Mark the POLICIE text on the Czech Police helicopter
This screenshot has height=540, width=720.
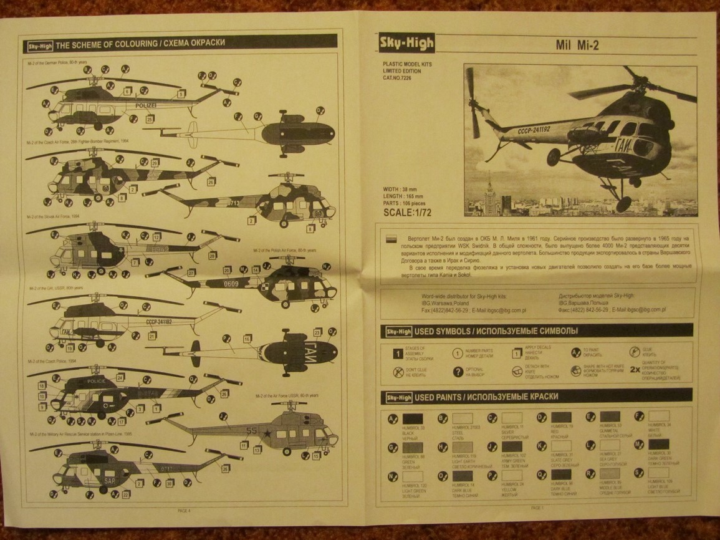(98, 381)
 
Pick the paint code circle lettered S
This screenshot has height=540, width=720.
(638, 474)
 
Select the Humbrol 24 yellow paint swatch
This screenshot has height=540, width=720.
(511, 475)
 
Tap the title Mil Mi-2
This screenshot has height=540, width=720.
(578, 46)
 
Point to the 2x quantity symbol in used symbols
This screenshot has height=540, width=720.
(634, 369)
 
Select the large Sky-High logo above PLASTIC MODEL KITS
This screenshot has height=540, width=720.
(407, 43)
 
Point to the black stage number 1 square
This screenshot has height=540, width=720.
(396, 354)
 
